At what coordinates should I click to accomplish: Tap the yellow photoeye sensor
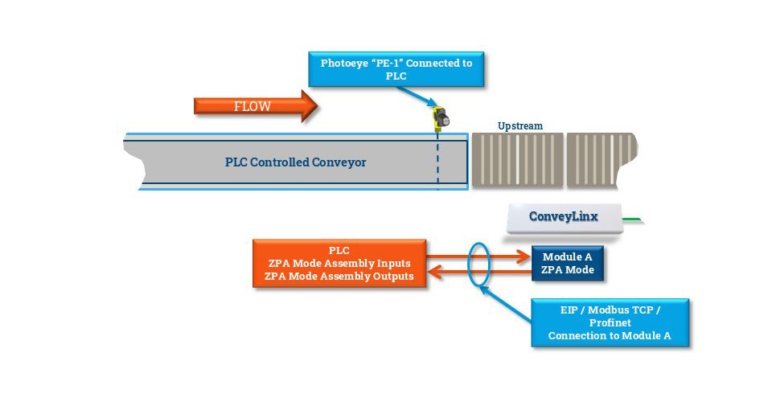pos(441,118)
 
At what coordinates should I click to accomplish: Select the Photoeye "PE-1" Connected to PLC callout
pos(396,69)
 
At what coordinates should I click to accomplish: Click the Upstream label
pos(519,126)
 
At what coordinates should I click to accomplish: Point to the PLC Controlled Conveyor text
pos(295,162)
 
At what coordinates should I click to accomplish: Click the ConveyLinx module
pos(564,217)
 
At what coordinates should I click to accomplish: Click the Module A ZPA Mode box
pos(567,264)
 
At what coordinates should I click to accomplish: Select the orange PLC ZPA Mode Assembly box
pos(339,264)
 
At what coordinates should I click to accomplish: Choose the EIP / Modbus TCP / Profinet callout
pos(610,322)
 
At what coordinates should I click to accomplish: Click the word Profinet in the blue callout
pos(610,322)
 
